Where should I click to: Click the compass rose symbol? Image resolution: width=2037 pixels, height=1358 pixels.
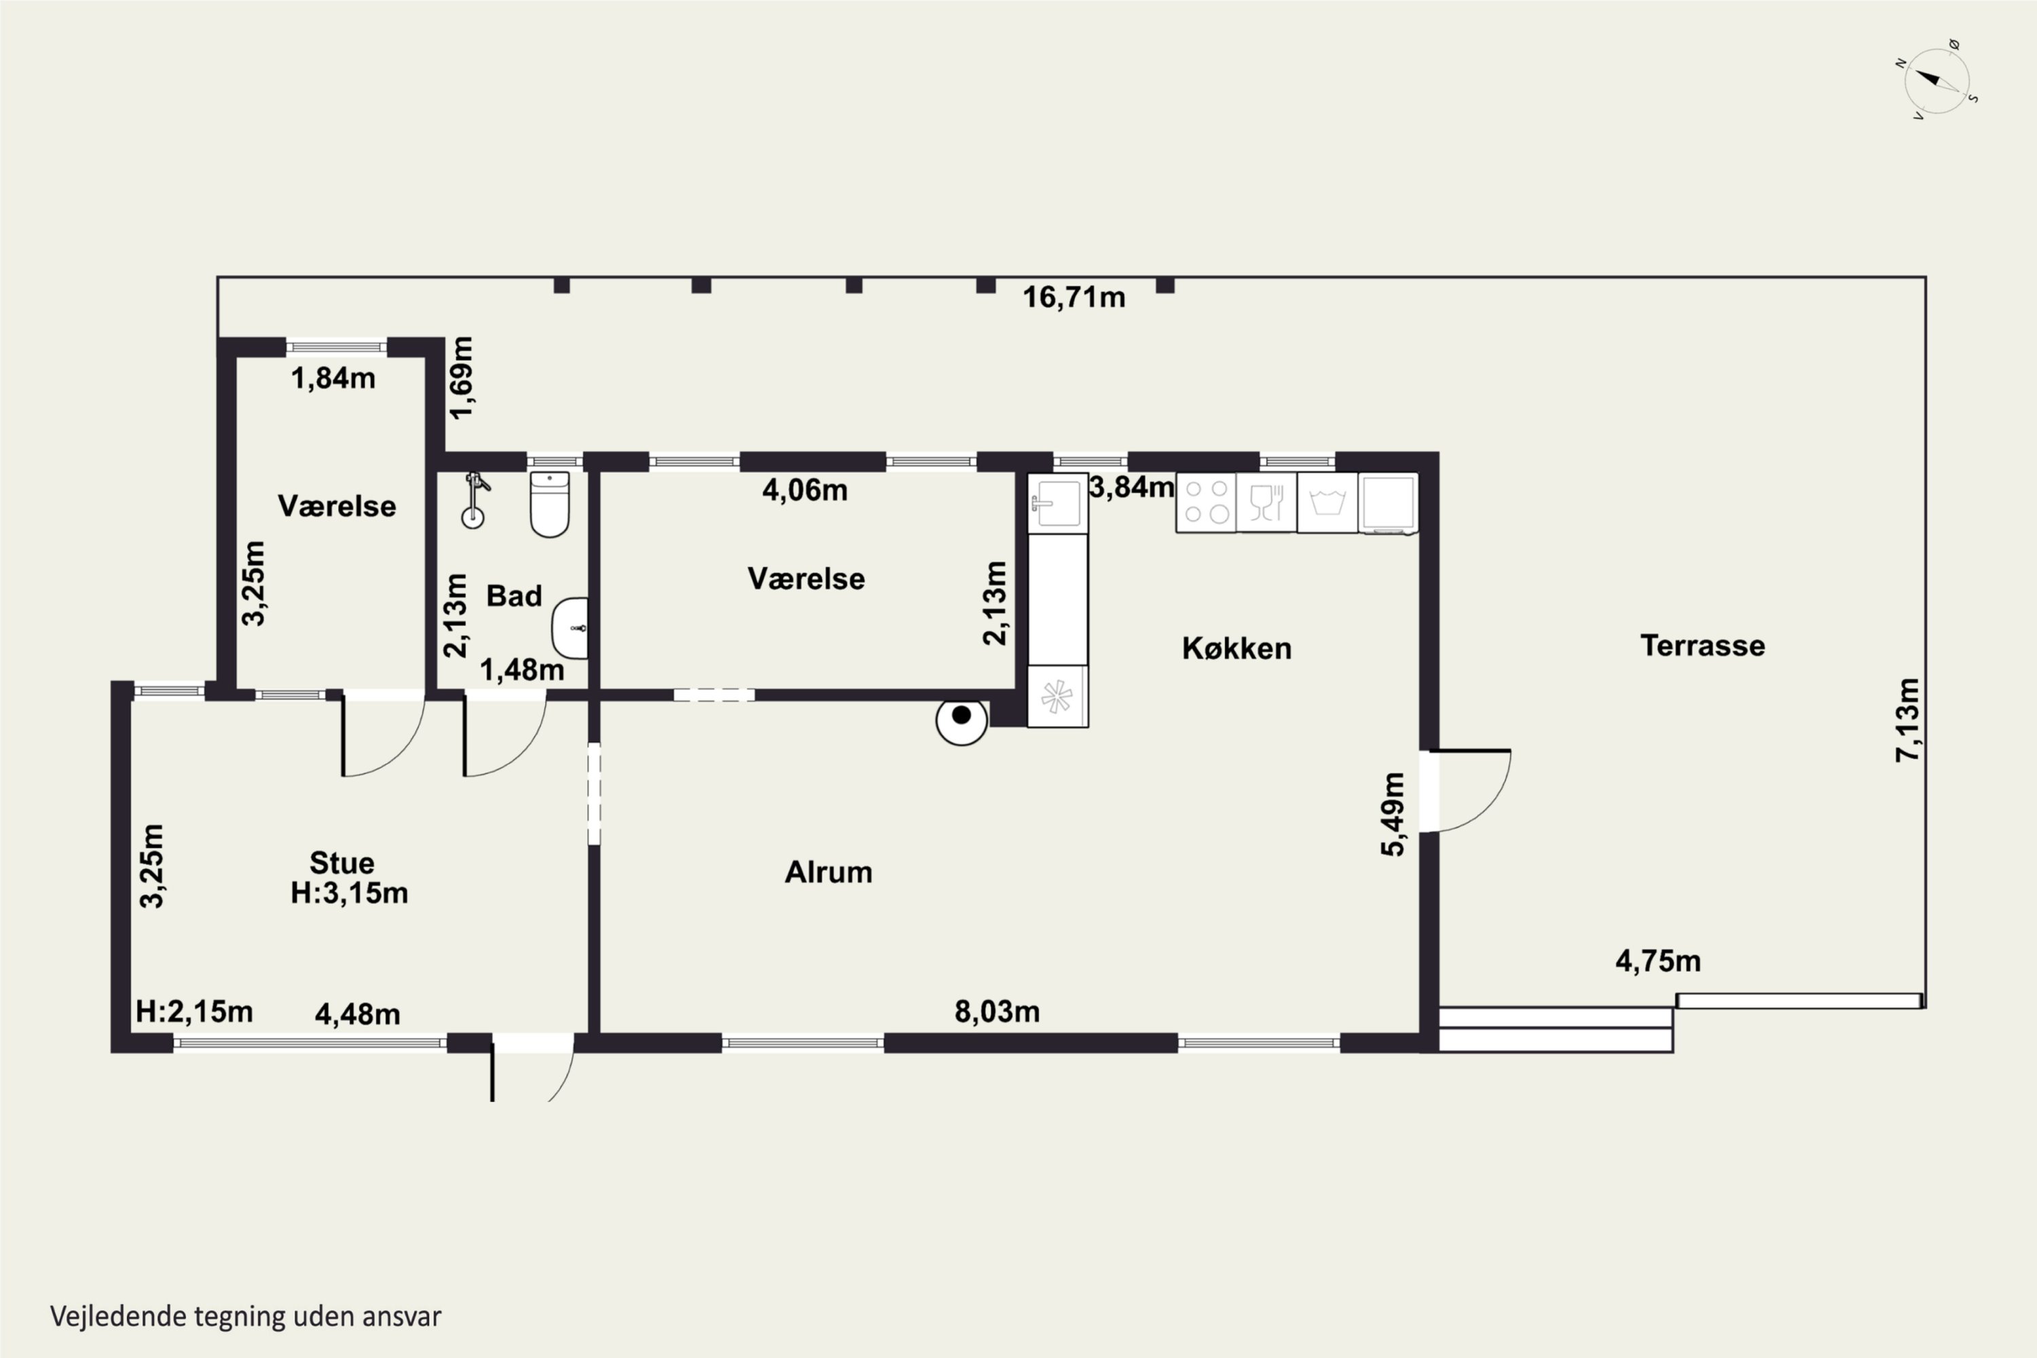click(1937, 81)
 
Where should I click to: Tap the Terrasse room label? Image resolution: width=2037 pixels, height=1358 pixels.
click(1702, 645)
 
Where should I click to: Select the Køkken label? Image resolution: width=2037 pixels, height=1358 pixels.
click(1236, 648)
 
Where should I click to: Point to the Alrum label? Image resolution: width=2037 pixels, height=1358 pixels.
click(828, 871)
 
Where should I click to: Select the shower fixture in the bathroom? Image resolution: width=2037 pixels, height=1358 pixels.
click(475, 500)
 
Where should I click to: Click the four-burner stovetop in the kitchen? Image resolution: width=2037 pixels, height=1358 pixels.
click(1206, 502)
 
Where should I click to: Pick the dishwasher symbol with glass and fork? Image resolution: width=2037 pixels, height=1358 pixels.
click(1266, 502)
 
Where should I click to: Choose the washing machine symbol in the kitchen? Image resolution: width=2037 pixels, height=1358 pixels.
click(1327, 502)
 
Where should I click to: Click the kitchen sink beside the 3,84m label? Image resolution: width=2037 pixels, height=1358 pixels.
click(1057, 503)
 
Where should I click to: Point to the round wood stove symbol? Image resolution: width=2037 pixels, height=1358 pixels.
click(961, 720)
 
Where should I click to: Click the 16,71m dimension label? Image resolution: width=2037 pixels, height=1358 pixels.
click(1074, 297)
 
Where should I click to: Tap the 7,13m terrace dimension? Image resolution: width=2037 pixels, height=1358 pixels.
click(1908, 720)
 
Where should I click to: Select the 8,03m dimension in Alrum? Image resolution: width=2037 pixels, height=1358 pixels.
click(997, 1011)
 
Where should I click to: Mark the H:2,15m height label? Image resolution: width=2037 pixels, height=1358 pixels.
click(194, 1011)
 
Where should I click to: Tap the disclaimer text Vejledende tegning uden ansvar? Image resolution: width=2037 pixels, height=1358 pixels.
click(246, 1317)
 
